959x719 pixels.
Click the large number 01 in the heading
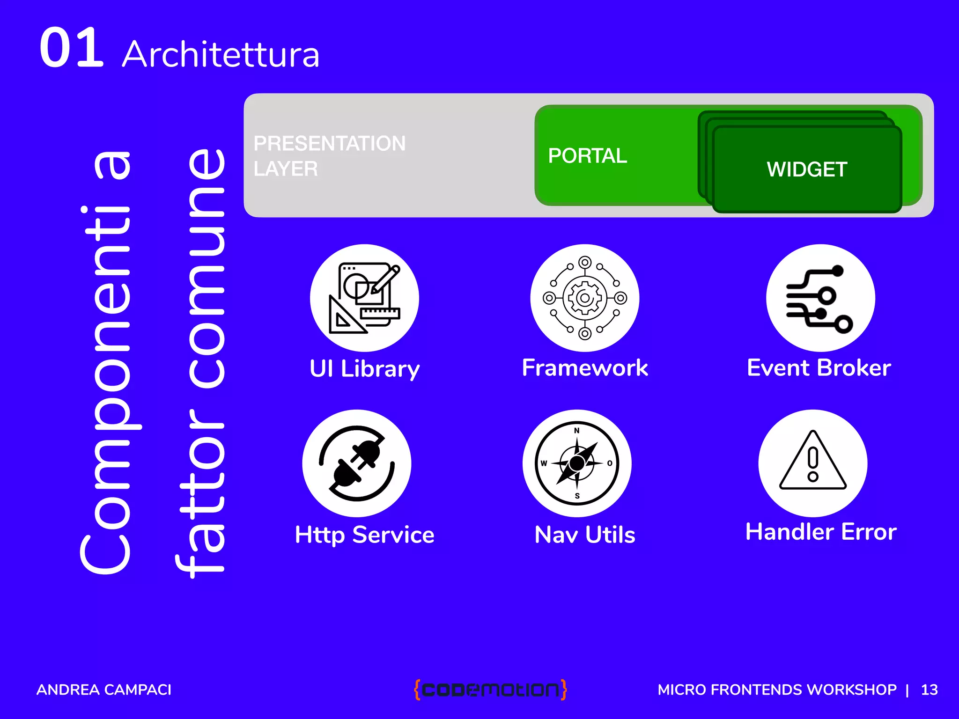71,48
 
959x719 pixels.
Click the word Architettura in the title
221,55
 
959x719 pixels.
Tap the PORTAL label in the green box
587,156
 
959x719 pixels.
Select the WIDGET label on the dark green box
807,169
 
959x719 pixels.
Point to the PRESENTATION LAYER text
329,156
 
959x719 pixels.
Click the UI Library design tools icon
364,298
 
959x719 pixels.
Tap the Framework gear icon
584,298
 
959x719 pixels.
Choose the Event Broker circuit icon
820,298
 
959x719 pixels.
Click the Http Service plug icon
357,463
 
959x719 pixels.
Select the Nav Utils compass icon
577,463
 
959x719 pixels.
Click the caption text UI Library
364,369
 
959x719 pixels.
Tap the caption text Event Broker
819,368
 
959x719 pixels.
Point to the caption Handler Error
820,532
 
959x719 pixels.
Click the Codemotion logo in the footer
490,690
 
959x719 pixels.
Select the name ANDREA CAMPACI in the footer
104,690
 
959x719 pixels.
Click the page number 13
929,690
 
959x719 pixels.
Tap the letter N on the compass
577,431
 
